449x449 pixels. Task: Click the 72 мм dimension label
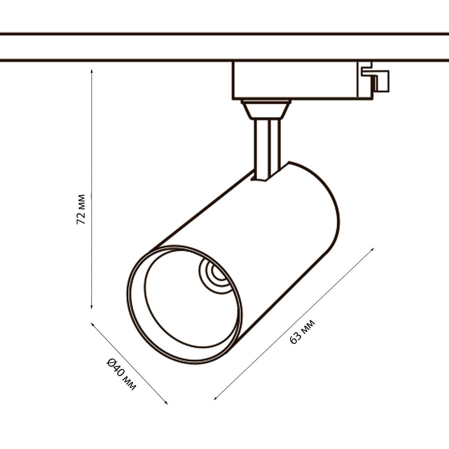click(81, 209)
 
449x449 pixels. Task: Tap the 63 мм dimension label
click(302, 332)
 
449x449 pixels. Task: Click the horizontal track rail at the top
click(224, 47)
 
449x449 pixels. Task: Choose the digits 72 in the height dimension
click(81, 218)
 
